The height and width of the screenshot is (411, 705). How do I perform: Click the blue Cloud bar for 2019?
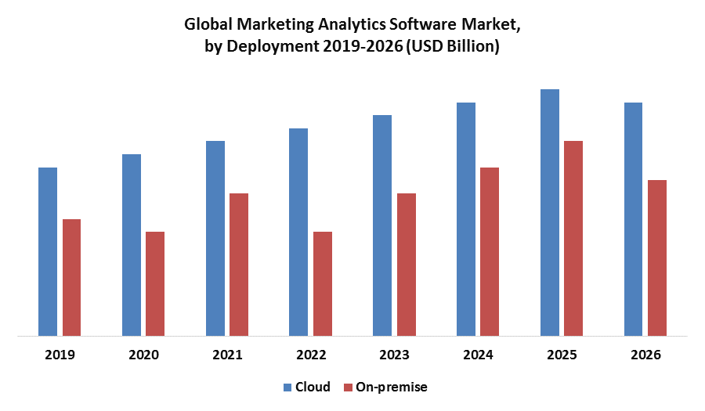click(48, 252)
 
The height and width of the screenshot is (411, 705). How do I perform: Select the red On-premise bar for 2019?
click(72, 278)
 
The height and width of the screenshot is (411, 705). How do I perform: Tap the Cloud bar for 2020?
click(132, 246)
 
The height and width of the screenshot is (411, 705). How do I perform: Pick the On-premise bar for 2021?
click(239, 265)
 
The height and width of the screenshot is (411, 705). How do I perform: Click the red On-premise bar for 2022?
click(323, 284)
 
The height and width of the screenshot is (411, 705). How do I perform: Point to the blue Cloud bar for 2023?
click(382, 226)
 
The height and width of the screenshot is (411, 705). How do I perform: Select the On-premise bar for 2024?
click(490, 252)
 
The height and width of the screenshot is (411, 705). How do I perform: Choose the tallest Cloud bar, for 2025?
click(550, 213)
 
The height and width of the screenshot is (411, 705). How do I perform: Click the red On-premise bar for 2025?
click(573, 239)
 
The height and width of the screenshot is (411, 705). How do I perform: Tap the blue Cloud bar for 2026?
click(633, 220)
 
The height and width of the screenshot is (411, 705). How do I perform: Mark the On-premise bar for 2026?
click(657, 258)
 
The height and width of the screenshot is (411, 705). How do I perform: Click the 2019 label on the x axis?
click(60, 355)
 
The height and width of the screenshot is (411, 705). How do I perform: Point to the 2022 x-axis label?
click(311, 355)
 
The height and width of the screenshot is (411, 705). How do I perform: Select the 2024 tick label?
click(478, 355)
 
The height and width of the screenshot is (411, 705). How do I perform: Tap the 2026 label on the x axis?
click(645, 355)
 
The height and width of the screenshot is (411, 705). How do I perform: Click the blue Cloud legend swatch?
click(287, 387)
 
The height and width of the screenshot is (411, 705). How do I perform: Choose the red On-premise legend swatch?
click(349, 387)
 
